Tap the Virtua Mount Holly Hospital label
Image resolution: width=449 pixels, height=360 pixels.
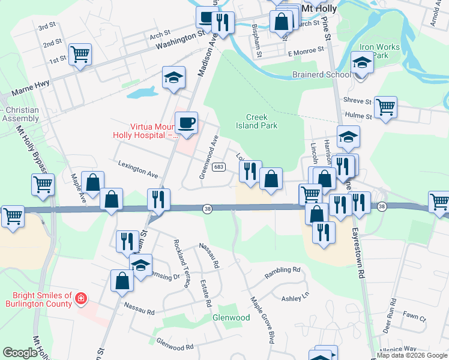point(146,131)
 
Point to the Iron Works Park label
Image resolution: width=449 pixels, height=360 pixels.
point(375,51)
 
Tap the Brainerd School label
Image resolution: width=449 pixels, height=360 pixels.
point(321,75)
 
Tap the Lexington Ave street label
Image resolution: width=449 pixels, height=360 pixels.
point(138,169)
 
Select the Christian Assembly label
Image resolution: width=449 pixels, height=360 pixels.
point(20,114)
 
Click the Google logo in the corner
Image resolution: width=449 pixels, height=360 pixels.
point(20,353)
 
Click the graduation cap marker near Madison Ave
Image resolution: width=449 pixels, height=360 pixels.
point(173,77)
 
